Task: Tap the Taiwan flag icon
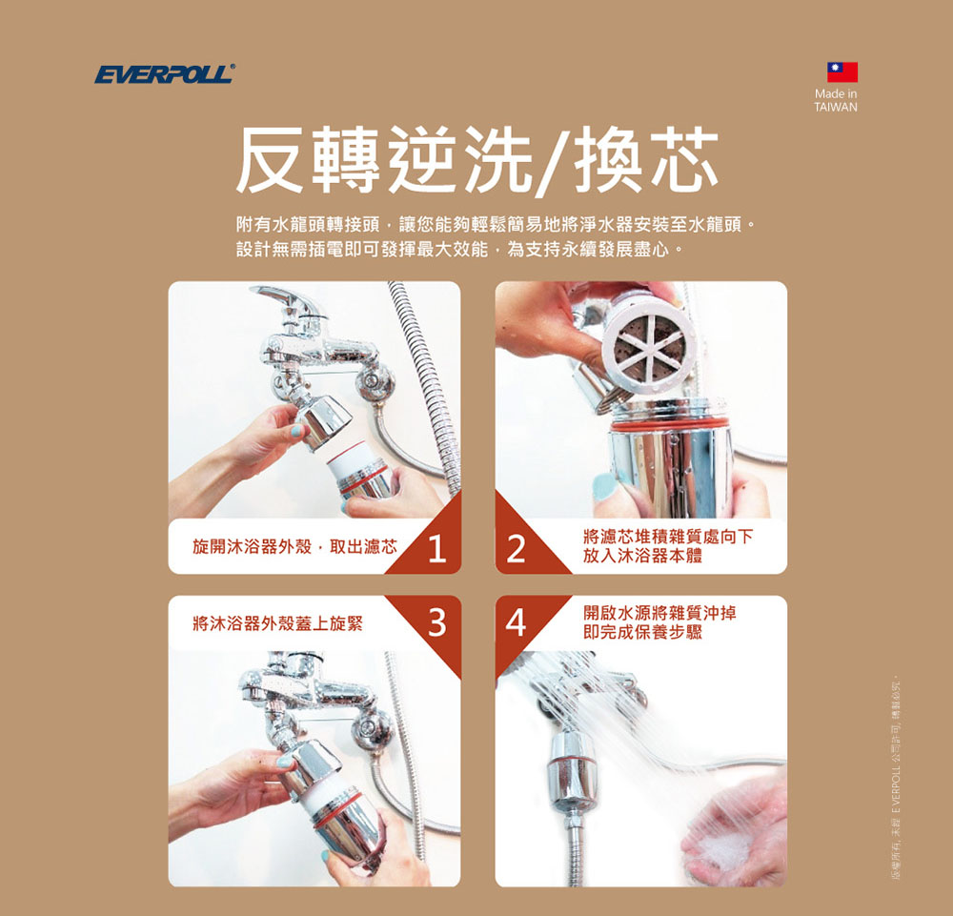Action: coord(841,71)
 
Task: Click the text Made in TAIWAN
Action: coord(836,101)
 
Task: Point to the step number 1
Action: coord(436,548)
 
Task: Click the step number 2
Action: coord(517,550)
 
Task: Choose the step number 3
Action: coord(436,622)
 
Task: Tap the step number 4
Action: coord(516,622)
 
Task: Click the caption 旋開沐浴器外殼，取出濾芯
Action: coord(294,547)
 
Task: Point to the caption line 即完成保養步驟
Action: coord(643,632)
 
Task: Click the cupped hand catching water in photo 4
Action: coord(729,839)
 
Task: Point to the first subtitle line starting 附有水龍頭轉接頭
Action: coord(497,228)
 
